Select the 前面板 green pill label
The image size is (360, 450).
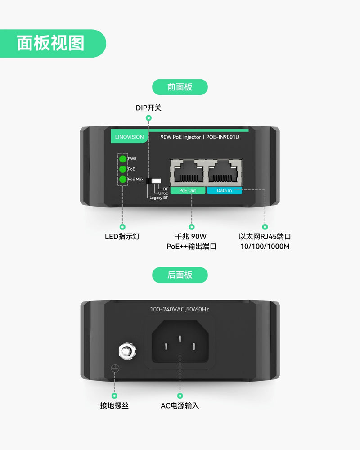pos(180,87)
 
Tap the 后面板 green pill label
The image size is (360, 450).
pos(180,274)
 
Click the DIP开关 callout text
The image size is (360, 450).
pos(148,108)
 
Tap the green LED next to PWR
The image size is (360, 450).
pos(122,159)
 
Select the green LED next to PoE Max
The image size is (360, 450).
pos(122,180)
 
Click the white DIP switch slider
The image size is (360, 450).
pos(156,180)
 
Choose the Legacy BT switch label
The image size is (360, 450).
pos(158,198)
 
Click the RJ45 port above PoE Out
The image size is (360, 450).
pos(188,172)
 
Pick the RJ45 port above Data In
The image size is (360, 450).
pos(224,172)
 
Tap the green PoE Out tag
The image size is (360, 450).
pos(188,190)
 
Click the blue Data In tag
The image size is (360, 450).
pos(224,190)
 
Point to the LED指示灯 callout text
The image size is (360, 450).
pos(122,236)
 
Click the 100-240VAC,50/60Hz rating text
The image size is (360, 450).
pos(180,309)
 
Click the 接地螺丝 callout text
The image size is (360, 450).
pos(114,405)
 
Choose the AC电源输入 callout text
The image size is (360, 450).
pos(180,405)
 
